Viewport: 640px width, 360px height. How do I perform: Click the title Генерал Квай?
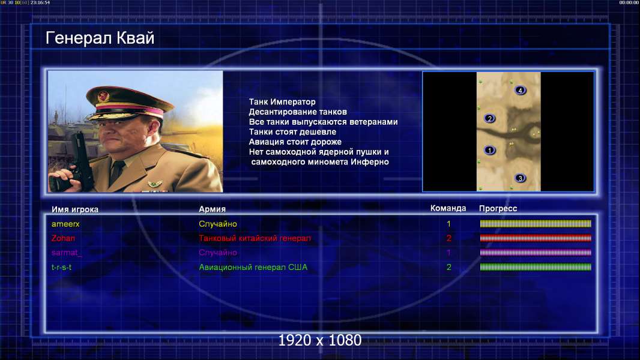[x=100, y=38]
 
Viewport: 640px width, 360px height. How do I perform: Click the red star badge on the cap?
[x=104, y=96]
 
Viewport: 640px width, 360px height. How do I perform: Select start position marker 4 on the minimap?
[x=520, y=90]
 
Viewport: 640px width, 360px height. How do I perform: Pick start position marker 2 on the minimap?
[x=490, y=119]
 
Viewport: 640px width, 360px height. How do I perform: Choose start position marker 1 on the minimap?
[x=490, y=151]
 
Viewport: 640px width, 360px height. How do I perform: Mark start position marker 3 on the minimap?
[x=520, y=178]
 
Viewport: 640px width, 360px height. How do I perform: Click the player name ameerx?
[x=65, y=224]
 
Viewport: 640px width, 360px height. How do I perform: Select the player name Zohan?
[x=63, y=238]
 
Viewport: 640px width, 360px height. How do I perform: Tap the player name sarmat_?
[x=67, y=253]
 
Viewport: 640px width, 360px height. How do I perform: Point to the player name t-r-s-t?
[x=62, y=267]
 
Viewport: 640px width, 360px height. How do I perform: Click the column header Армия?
[x=213, y=209]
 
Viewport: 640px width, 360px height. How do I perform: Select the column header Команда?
[x=448, y=208]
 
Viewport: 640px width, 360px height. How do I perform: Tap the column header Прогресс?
[x=498, y=209]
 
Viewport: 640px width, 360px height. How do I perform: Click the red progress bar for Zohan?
[x=536, y=238]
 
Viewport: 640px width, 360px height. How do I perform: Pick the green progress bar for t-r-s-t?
[x=536, y=267]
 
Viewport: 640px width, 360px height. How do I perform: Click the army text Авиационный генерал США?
[x=253, y=267]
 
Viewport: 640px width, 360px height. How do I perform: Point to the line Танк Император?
[x=282, y=102]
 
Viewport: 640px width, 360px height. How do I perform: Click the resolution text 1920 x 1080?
[x=320, y=340]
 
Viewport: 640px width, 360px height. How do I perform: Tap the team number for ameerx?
[x=448, y=224]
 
